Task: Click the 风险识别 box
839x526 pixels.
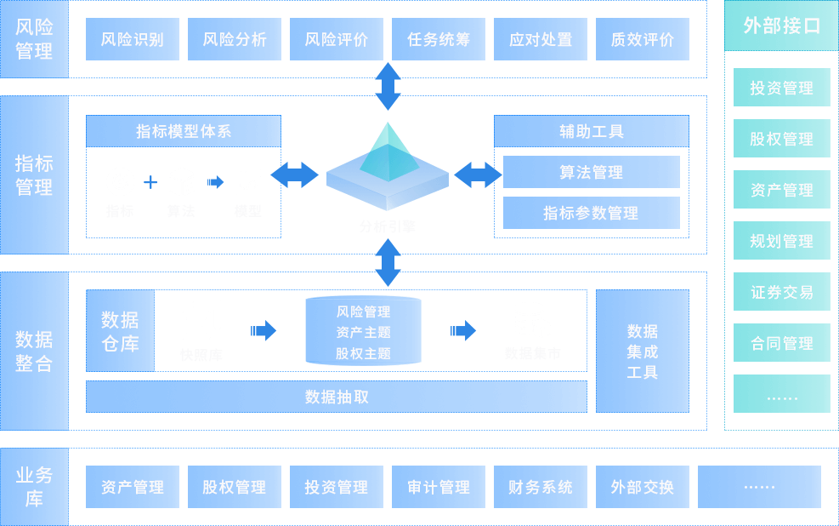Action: (x=133, y=39)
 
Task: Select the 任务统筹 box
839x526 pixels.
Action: (x=439, y=39)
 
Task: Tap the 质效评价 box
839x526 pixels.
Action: (x=643, y=39)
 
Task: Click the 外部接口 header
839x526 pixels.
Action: (x=781, y=26)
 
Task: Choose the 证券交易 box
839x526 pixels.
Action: (x=781, y=292)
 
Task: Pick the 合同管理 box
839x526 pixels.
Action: (x=781, y=343)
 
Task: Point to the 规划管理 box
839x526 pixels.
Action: (x=781, y=241)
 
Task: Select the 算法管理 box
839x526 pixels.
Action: (x=591, y=172)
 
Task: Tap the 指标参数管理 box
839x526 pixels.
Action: (x=591, y=213)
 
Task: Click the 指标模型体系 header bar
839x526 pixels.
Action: (x=184, y=131)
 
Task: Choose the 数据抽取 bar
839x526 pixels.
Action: (x=337, y=397)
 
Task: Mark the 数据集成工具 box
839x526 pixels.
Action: (x=643, y=351)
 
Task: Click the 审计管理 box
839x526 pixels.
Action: (x=439, y=487)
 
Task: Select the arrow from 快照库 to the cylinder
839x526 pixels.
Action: (x=264, y=330)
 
